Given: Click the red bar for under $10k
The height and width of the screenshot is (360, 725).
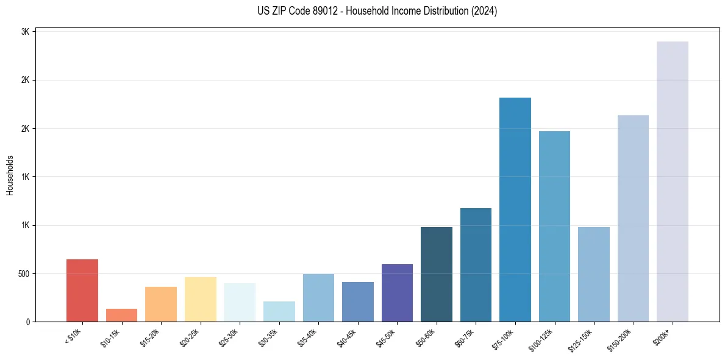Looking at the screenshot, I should click(x=82, y=290).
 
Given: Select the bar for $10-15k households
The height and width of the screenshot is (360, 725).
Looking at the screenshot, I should click(x=121, y=315).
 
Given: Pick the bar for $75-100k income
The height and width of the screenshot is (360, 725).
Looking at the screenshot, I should click(x=515, y=210).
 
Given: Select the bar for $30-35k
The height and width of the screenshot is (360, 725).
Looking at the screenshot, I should click(x=279, y=311).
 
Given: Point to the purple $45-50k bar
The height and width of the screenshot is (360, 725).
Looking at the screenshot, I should click(x=397, y=293).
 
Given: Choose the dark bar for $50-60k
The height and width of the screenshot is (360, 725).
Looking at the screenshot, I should click(x=437, y=275).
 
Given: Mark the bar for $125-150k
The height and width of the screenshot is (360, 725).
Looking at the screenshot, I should click(x=594, y=275).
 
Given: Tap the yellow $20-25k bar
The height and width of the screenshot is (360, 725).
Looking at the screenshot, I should click(x=200, y=299).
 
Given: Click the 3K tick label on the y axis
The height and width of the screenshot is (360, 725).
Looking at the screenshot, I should click(x=25, y=32).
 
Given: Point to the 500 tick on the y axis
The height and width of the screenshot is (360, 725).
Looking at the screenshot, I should click(x=23, y=273).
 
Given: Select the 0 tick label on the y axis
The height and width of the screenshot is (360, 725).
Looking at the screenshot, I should click(x=28, y=322).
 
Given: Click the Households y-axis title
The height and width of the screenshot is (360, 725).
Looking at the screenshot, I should click(x=10, y=175).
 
